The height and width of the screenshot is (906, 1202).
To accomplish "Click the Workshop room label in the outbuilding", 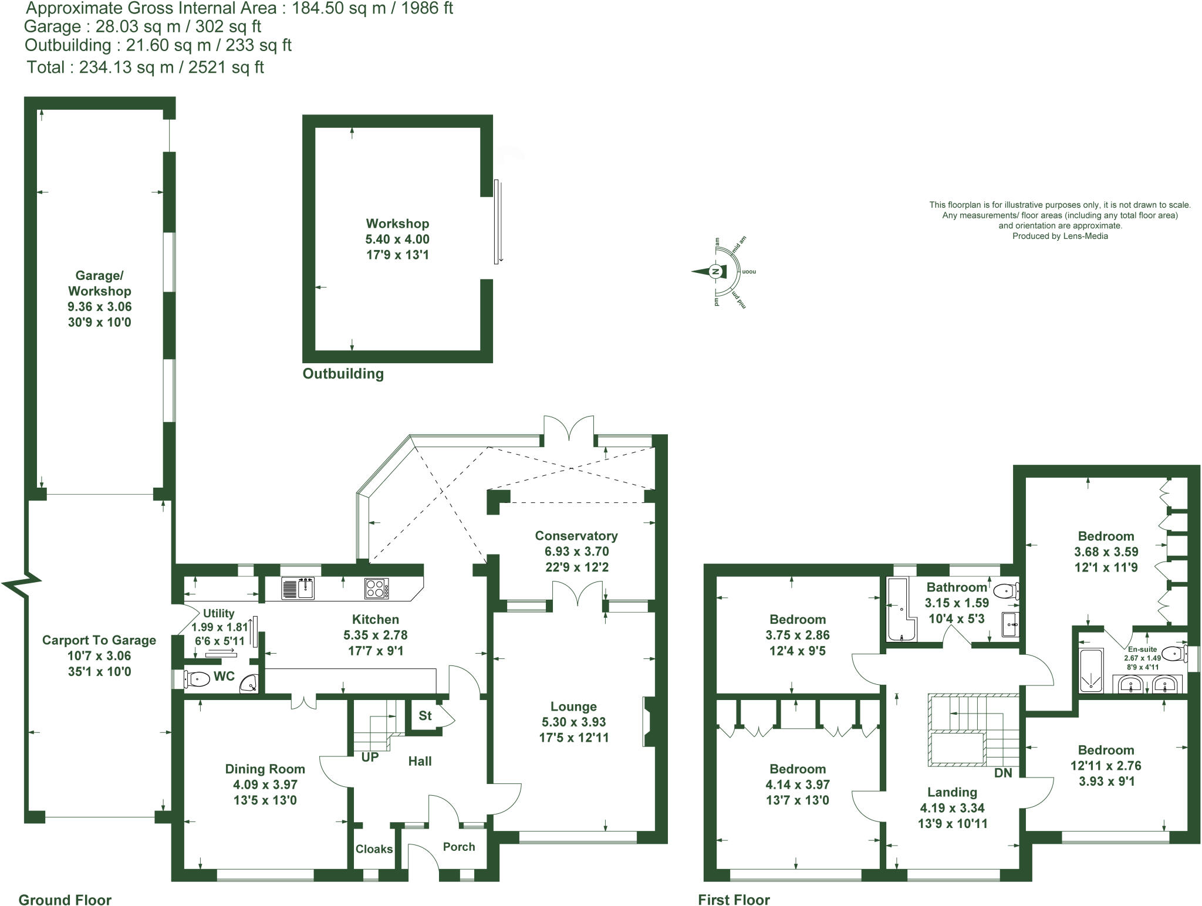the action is [397, 224].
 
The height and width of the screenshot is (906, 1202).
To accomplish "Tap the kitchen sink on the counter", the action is [299, 588].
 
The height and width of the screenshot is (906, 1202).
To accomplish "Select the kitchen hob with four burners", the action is [376, 589].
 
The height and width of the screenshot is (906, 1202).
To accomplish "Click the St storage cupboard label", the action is [425, 715].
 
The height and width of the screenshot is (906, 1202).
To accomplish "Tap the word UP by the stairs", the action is [370, 757].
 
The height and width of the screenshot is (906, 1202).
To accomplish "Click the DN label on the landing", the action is [1003, 773].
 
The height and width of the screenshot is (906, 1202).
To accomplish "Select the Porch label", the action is [459, 847].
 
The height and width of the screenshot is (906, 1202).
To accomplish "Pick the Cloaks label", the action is [374, 849].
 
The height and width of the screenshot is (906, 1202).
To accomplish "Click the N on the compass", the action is [715, 272].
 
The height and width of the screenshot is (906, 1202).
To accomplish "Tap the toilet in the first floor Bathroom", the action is [1007, 591].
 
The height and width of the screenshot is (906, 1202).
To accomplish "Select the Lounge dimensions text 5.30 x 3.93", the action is [574, 722].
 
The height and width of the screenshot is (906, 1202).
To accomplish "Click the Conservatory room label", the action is [576, 536].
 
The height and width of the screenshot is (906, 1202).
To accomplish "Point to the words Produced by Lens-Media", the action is [1060, 236].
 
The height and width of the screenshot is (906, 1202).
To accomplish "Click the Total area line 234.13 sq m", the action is [145, 67].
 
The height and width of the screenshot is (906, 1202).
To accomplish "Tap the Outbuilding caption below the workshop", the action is [343, 374].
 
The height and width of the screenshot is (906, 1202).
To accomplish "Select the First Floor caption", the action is [734, 900].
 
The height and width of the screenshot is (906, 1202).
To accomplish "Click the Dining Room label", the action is [265, 769].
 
